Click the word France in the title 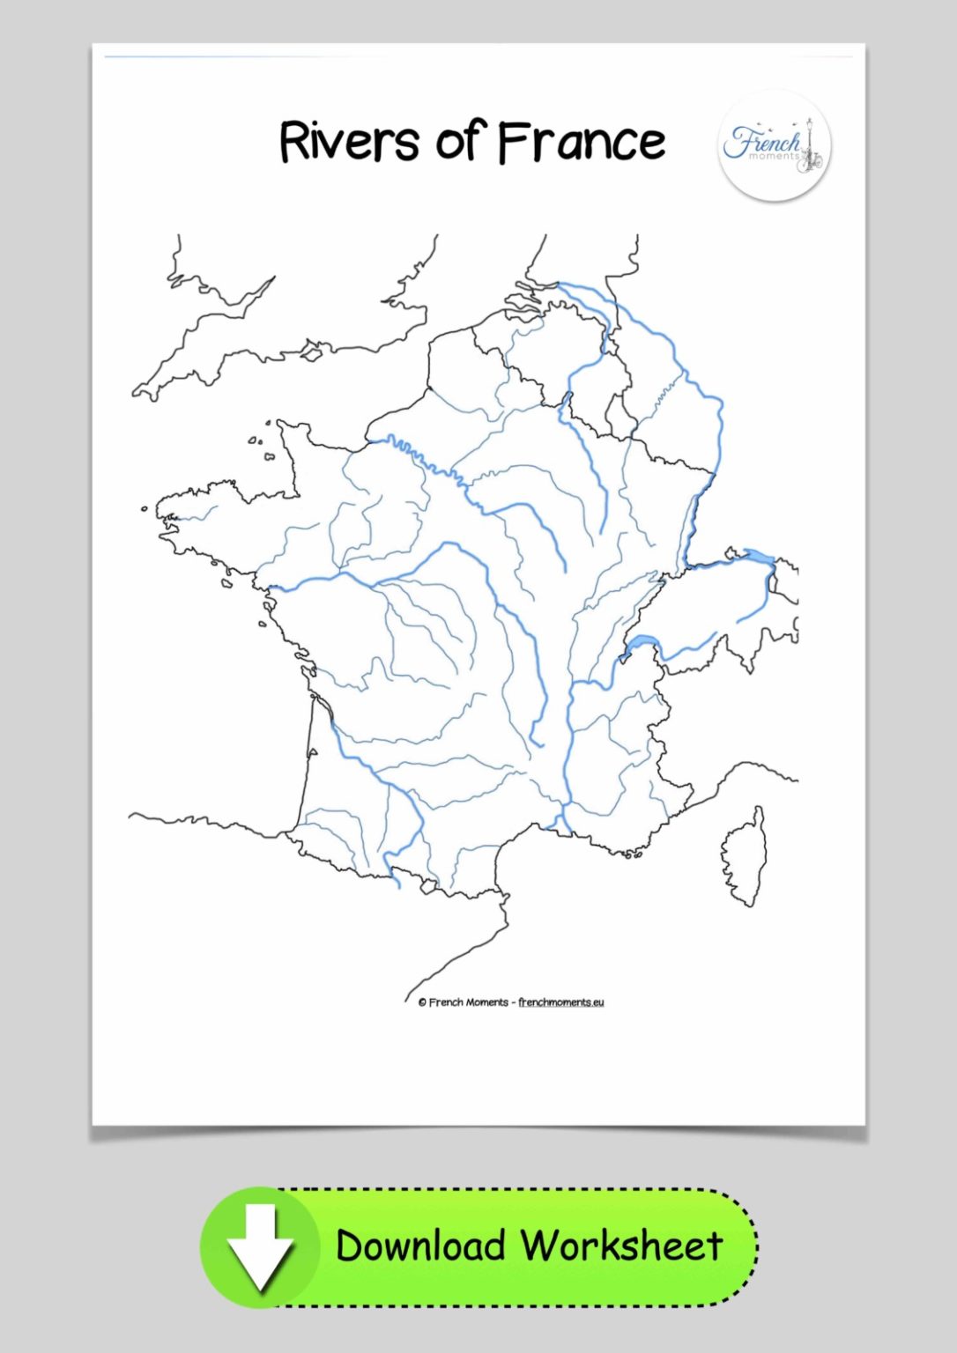coord(582,142)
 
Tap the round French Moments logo coord(774,145)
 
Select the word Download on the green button coord(419,1246)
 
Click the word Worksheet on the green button coord(621,1246)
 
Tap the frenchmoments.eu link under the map coord(561,1002)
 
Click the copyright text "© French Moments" coord(464,1002)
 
